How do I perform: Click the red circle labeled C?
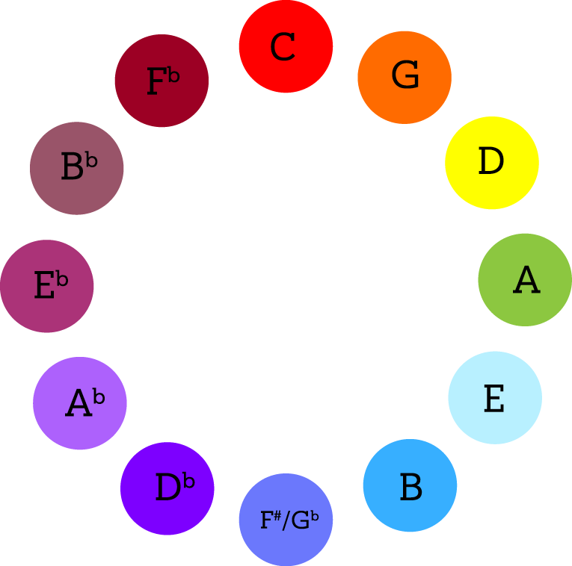point(286,46)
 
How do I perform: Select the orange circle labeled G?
point(405,77)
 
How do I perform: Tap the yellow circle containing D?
point(492,162)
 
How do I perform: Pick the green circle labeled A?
point(525,280)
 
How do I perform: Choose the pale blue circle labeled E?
point(495,397)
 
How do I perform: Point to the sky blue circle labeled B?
point(410,485)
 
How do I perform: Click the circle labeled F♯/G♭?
point(286,520)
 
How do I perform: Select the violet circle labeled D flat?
point(167,488)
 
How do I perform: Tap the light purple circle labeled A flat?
point(80,403)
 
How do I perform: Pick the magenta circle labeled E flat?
point(47,286)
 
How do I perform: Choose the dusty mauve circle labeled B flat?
point(76,168)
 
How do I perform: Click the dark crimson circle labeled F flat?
point(162,81)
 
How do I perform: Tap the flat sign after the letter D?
point(188,482)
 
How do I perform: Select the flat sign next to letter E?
point(62,280)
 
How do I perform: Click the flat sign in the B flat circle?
point(91,161)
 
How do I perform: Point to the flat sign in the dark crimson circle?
point(173,75)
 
